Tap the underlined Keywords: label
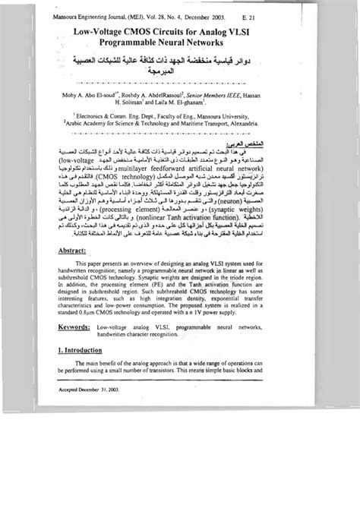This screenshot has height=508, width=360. [81, 392]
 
